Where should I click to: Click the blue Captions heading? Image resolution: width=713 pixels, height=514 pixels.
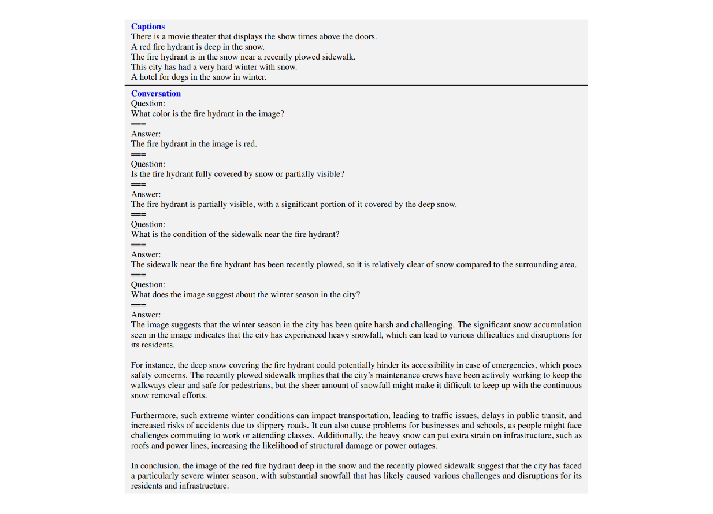pyautogui.click(x=148, y=27)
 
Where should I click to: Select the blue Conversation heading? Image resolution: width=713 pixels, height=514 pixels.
pyautogui.click(x=156, y=94)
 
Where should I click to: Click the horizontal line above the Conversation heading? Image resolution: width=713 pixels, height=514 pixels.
pyautogui.click(x=356, y=86)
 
